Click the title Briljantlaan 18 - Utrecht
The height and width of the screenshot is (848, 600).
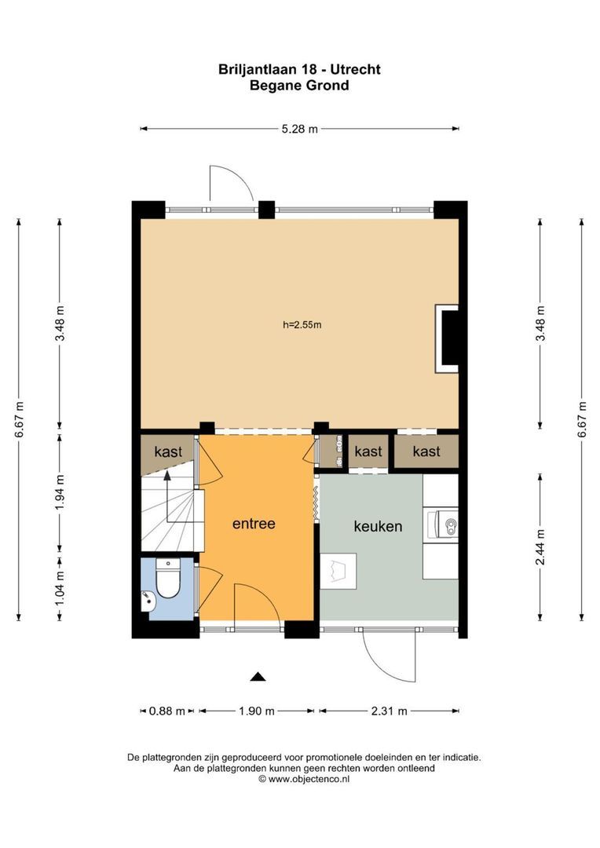click(299, 69)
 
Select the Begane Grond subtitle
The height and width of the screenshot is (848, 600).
click(299, 86)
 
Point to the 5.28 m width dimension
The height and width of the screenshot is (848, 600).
click(299, 130)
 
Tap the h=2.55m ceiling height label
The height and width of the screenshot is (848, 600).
click(302, 324)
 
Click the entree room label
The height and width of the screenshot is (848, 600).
click(254, 524)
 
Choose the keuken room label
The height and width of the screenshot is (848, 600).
click(378, 526)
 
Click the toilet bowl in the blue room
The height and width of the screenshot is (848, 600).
click(168, 581)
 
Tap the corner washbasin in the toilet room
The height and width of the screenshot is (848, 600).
click(148, 602)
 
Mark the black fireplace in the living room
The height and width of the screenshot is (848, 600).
click(449, 338)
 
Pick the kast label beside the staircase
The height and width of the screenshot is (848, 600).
click(168, 452)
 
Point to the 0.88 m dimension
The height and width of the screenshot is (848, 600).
click(166, 711)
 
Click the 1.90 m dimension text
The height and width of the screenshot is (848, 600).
click(257, 711)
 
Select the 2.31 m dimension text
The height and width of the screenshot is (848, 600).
click(389, 711)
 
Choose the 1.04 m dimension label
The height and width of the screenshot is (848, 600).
click(60, 586)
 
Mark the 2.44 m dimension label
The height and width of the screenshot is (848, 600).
click(540, 545)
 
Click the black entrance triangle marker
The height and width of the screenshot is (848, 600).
click(258, 676)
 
